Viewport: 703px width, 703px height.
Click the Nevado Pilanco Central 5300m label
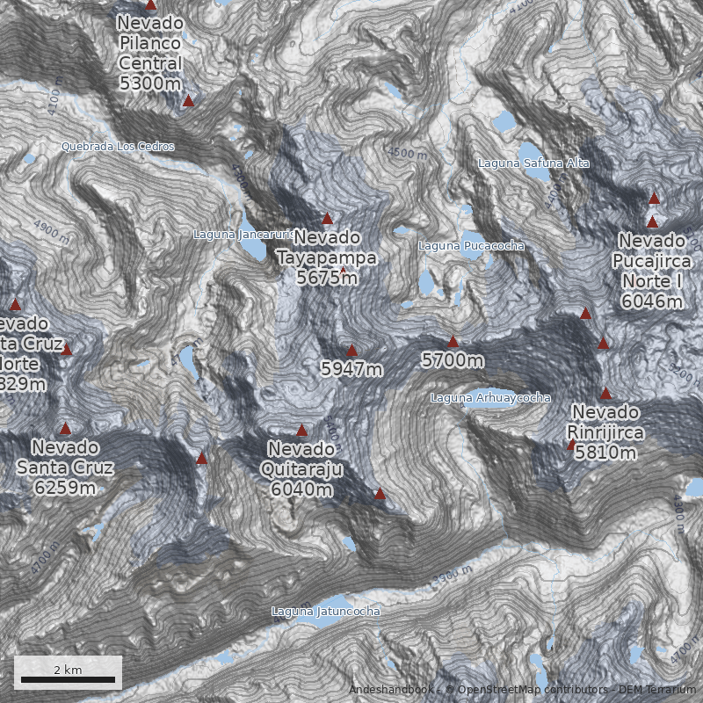tap(150, 53)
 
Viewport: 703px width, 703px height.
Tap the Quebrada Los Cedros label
tap(118, 146)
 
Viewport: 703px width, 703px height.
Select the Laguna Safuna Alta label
tap(533, 163)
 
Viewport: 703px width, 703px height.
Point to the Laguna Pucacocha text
tap(471, 246)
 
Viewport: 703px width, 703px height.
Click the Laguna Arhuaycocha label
tap(490, 398)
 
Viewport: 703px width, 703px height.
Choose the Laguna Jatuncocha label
tap(326, 611)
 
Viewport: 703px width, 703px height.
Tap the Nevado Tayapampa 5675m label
tap(327, 257)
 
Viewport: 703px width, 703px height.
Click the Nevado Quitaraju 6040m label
tap(301, 468)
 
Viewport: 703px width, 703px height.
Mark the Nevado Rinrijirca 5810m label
tap(605, 431)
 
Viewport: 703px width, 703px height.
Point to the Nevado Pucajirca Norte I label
tap(651, 271)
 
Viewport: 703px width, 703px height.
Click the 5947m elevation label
tap(351, 369)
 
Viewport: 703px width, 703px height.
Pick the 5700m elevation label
tap(453, 360)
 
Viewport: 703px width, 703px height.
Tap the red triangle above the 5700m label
tap(453, 342)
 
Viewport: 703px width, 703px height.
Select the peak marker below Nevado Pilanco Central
tap(188, 101)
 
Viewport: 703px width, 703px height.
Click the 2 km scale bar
tap(68, 679)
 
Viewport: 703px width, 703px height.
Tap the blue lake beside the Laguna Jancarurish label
tap(255, 248)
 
